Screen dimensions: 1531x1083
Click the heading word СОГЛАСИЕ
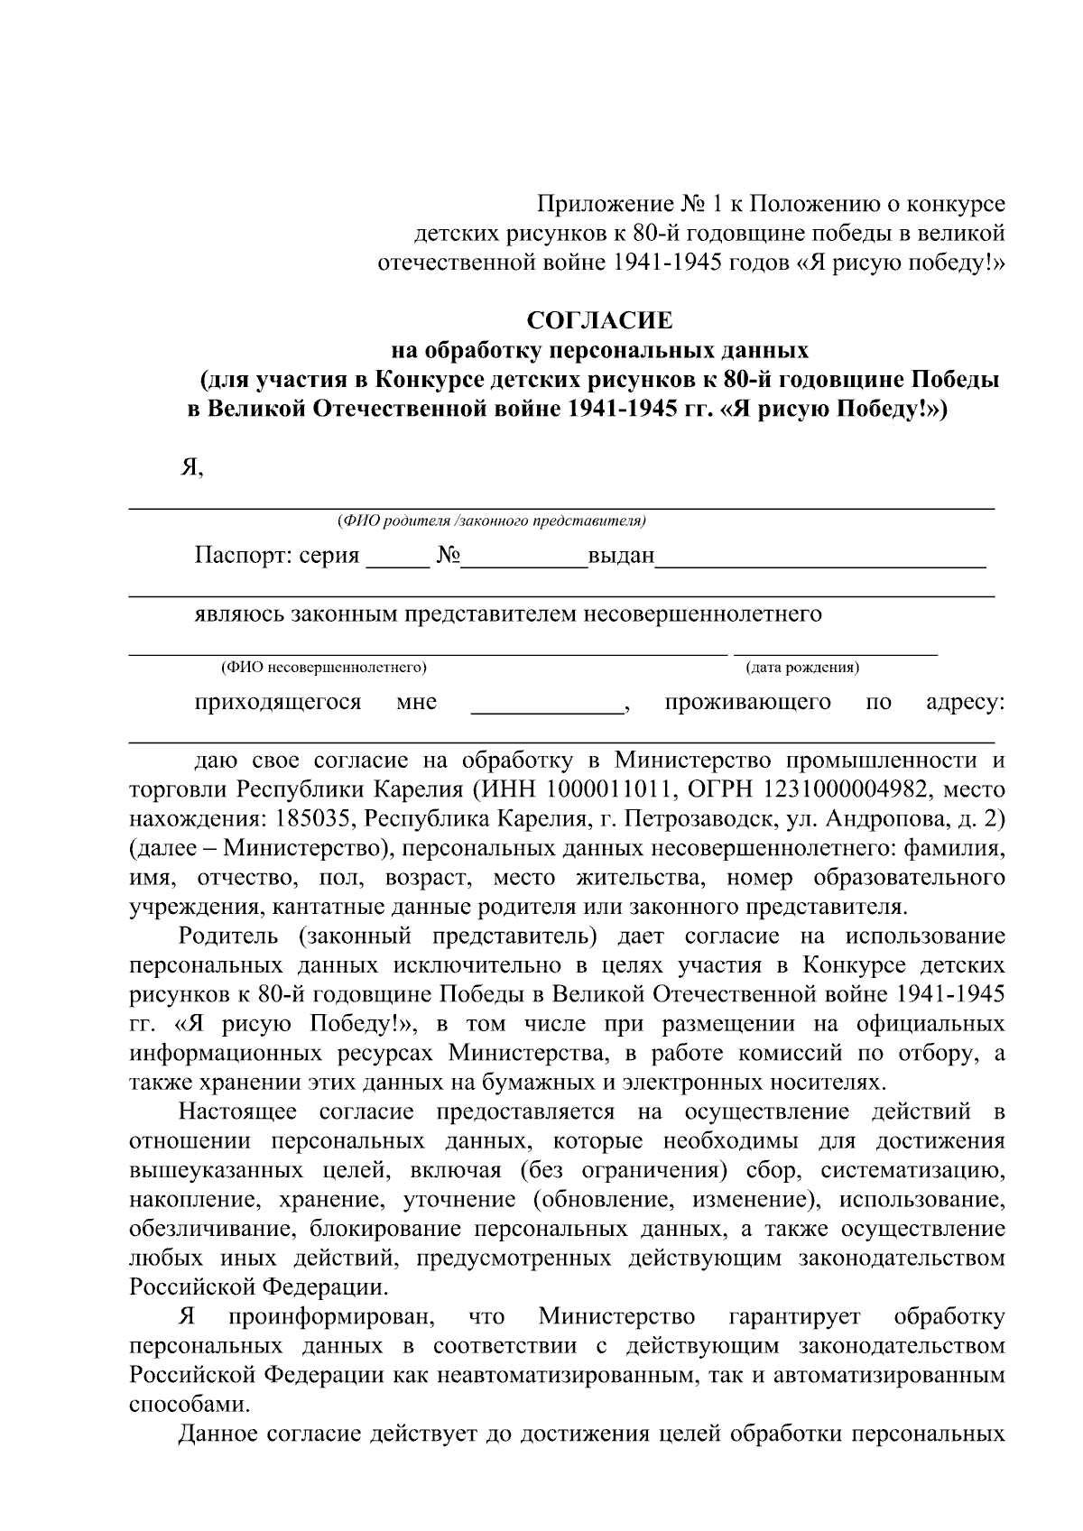coord(600,320)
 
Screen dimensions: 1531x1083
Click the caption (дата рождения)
coord(801,669)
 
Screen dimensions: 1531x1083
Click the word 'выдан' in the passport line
coord(621,556)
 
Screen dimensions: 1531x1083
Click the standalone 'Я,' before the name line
coord(192,469)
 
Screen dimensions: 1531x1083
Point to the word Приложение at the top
coord(593,204)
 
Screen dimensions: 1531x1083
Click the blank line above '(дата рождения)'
coord(835,651)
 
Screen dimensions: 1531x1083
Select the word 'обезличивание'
coord(213,1230)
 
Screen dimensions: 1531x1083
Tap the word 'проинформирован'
coord(332,1317)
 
